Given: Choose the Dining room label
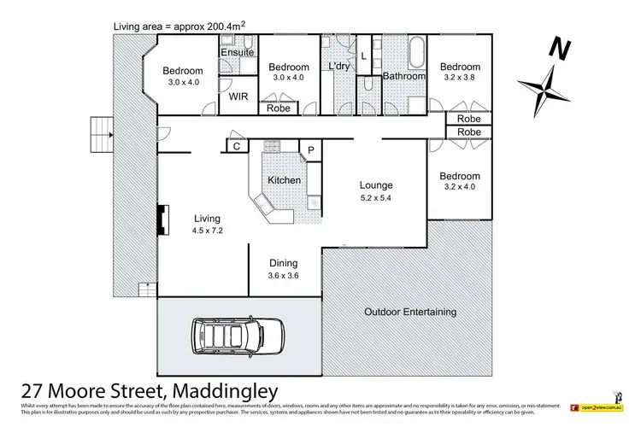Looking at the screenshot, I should (x=284, y=264).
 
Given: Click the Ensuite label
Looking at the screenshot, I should (x=237, y=52).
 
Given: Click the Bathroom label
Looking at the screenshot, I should (x=403, y=76).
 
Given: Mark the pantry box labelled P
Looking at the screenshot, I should (x=311, y=150).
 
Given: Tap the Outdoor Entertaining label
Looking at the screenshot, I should (x=409, y=312).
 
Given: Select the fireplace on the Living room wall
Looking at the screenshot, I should (x=160, y=218).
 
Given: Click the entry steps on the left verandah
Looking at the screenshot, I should (x=100, y=132).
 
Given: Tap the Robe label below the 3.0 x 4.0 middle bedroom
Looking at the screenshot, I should (x=278, y=108).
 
